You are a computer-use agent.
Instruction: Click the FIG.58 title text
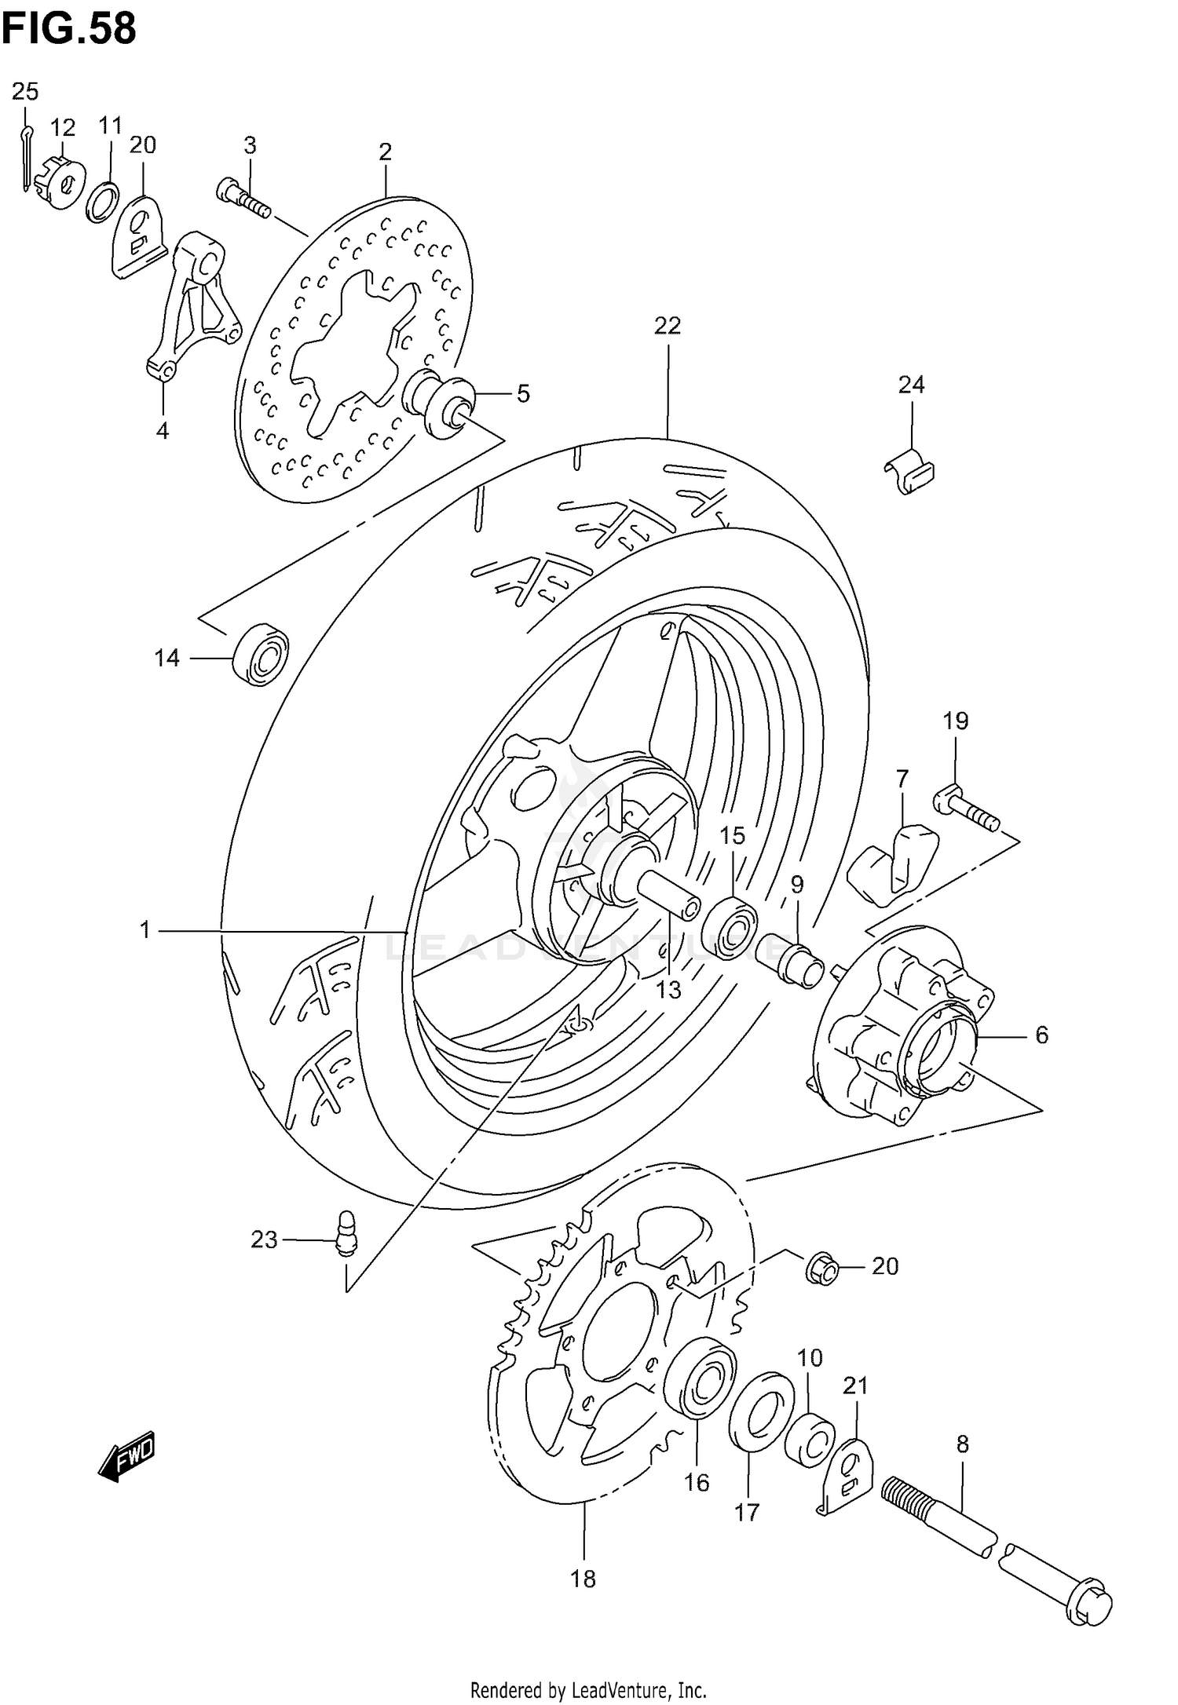click(69, 30)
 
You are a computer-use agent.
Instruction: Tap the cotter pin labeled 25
click(26, 157)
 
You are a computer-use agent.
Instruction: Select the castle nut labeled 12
click(60, 182)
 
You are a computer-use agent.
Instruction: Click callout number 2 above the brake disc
click(385, 152)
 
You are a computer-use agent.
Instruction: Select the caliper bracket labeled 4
click(192, 306)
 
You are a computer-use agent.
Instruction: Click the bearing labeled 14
click(262, 654)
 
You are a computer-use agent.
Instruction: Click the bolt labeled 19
click(966, 812)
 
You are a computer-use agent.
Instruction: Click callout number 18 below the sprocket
click(584, 1578)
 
